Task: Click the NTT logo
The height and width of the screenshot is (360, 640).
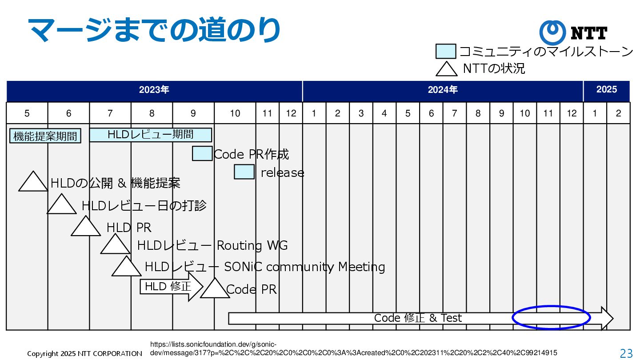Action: pos(573,32)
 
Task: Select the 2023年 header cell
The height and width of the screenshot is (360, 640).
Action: pos(154,90)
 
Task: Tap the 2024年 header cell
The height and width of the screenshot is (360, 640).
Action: pos(443,90)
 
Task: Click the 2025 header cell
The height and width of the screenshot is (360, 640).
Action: pos(606,90)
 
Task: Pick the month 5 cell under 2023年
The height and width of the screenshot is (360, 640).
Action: pos(27,113)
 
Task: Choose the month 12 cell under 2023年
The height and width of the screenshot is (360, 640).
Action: pos(291,113)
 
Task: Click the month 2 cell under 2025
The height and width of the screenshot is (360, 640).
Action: pos(618,113)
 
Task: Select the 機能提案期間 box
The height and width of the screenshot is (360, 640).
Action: pos(45,136)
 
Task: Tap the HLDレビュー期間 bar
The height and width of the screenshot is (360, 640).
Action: pos(150,135)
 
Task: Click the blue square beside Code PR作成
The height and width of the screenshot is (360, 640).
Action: pos(202,153)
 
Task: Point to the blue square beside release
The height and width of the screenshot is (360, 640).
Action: pos(244,172)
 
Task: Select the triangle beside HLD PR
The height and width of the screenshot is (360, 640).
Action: pos(86,228)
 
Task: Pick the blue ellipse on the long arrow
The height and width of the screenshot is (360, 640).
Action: pos(551,318)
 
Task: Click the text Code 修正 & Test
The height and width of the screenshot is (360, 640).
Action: pos(418,318)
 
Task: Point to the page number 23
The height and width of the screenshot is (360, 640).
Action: pos(626,353)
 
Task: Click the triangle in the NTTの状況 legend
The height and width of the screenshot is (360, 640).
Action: pos(446,69)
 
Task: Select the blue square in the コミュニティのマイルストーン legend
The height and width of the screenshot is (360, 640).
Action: pos(446,52)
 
